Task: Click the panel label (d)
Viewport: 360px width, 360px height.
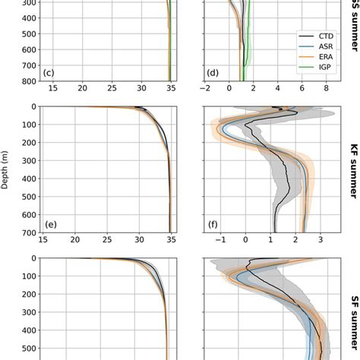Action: (x=213, y=73)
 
